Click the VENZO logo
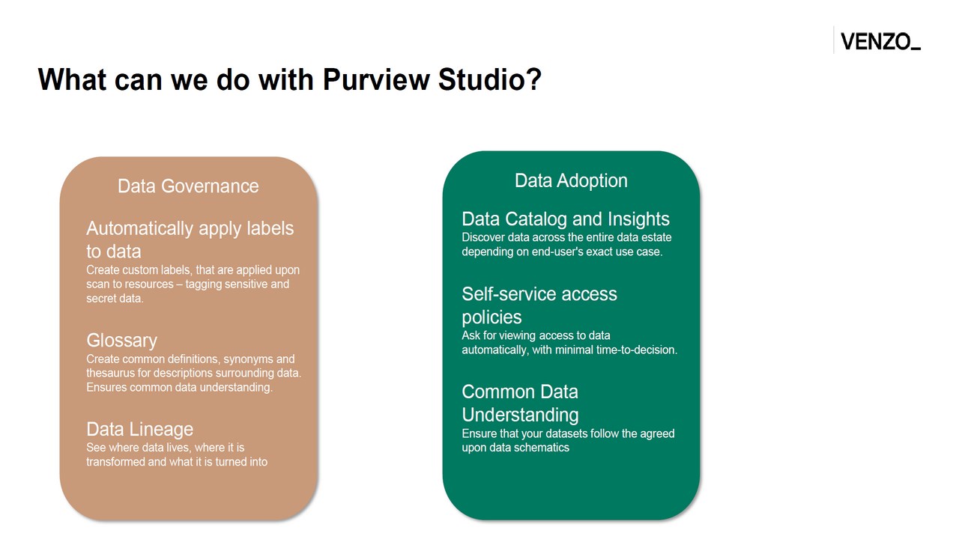(880, 41)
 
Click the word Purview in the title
(376, 79)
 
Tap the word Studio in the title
(490, 79)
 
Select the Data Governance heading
(188, 186)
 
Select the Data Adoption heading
(571, 181)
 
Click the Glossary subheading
(121, 341)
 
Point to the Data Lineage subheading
(139, 429)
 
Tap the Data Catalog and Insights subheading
(566, 219)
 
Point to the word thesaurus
(110, 373)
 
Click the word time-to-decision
(636, 350)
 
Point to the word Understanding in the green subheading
(520, 415)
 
